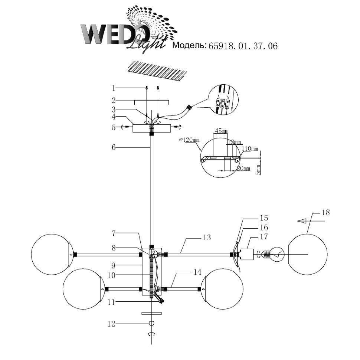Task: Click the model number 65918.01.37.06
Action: [243, 46]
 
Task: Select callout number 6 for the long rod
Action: [114, 147]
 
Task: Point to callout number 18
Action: [325, 213]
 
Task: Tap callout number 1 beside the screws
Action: [114, 88]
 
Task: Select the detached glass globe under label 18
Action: [308, 255]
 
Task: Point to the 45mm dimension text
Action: [221, 131]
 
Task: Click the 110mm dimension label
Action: [250, 149]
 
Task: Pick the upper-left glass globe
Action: [51, 254]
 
